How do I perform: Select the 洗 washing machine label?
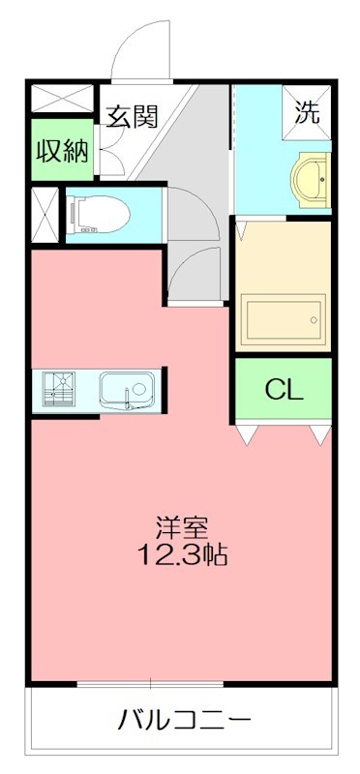307,112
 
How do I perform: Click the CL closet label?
285,390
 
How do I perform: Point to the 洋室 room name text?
182,528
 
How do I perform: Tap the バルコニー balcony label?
185,721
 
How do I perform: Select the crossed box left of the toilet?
44,214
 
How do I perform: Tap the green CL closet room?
284,390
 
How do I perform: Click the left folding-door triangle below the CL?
248,434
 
